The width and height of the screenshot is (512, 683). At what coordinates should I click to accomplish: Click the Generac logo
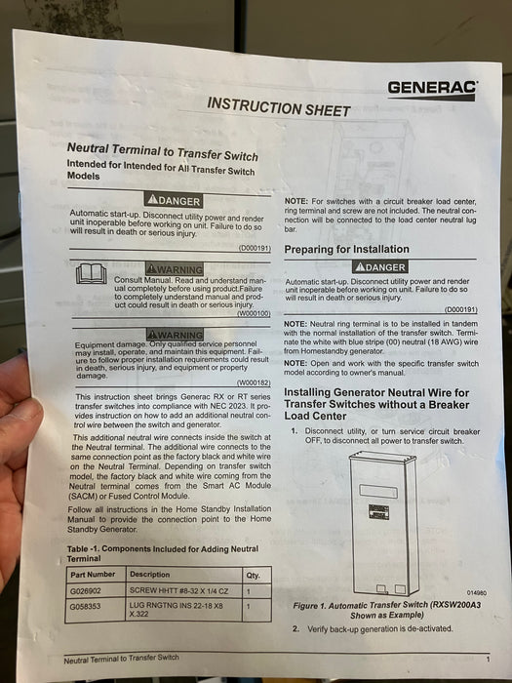click(432, 90)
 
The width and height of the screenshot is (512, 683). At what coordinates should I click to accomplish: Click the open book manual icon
click(92, 275)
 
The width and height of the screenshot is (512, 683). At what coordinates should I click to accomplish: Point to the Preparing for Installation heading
click(346, 249)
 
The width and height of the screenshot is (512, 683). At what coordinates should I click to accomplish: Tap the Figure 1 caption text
click(395, 610)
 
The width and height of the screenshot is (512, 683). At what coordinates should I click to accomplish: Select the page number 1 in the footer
click(488, 660)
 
